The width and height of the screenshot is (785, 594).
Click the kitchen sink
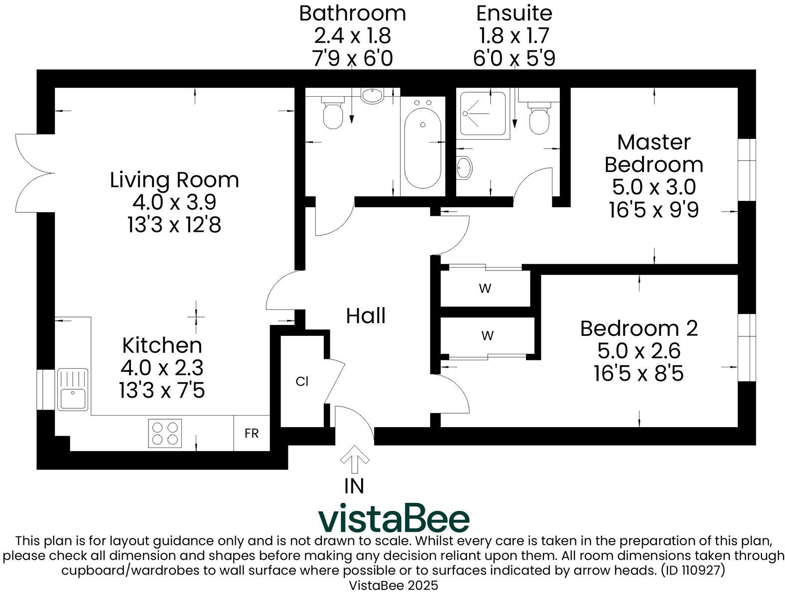[x=72, y=389]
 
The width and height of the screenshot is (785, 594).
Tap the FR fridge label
[x=252, y=434]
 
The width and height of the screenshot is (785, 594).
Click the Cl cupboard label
[x=302, y=382]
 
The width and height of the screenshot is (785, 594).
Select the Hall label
[x=366, y=316]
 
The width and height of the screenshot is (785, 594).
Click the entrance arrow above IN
[x=354, y=459]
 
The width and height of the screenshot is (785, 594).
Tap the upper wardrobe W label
[x=485, y=289]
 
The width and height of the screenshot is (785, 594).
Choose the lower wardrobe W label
[x=487, y=336]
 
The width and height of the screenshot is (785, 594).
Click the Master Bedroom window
[x=746, y=169]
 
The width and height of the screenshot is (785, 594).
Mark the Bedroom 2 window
[x=746, y=348]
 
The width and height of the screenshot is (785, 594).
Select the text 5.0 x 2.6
[x=639, y=351]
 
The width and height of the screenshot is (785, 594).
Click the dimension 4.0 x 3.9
[x=174, y=202]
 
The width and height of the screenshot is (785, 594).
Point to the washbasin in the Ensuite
[x=464, y=167]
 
